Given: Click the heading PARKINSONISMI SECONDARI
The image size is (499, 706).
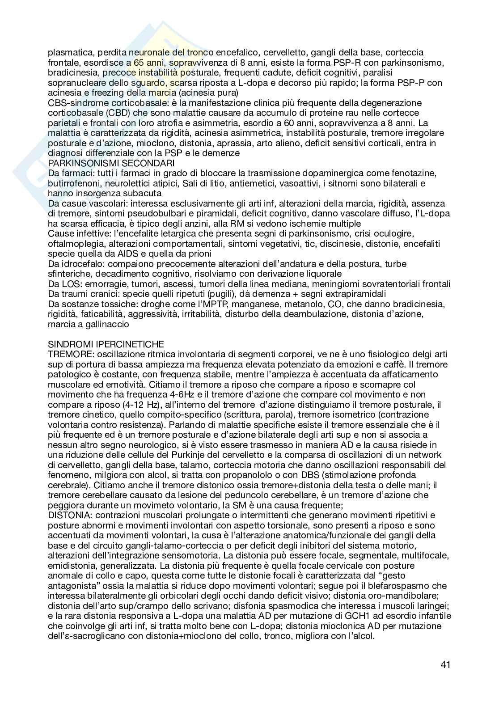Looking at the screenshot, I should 111,163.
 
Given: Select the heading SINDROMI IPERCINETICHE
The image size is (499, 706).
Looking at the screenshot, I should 106,344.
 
